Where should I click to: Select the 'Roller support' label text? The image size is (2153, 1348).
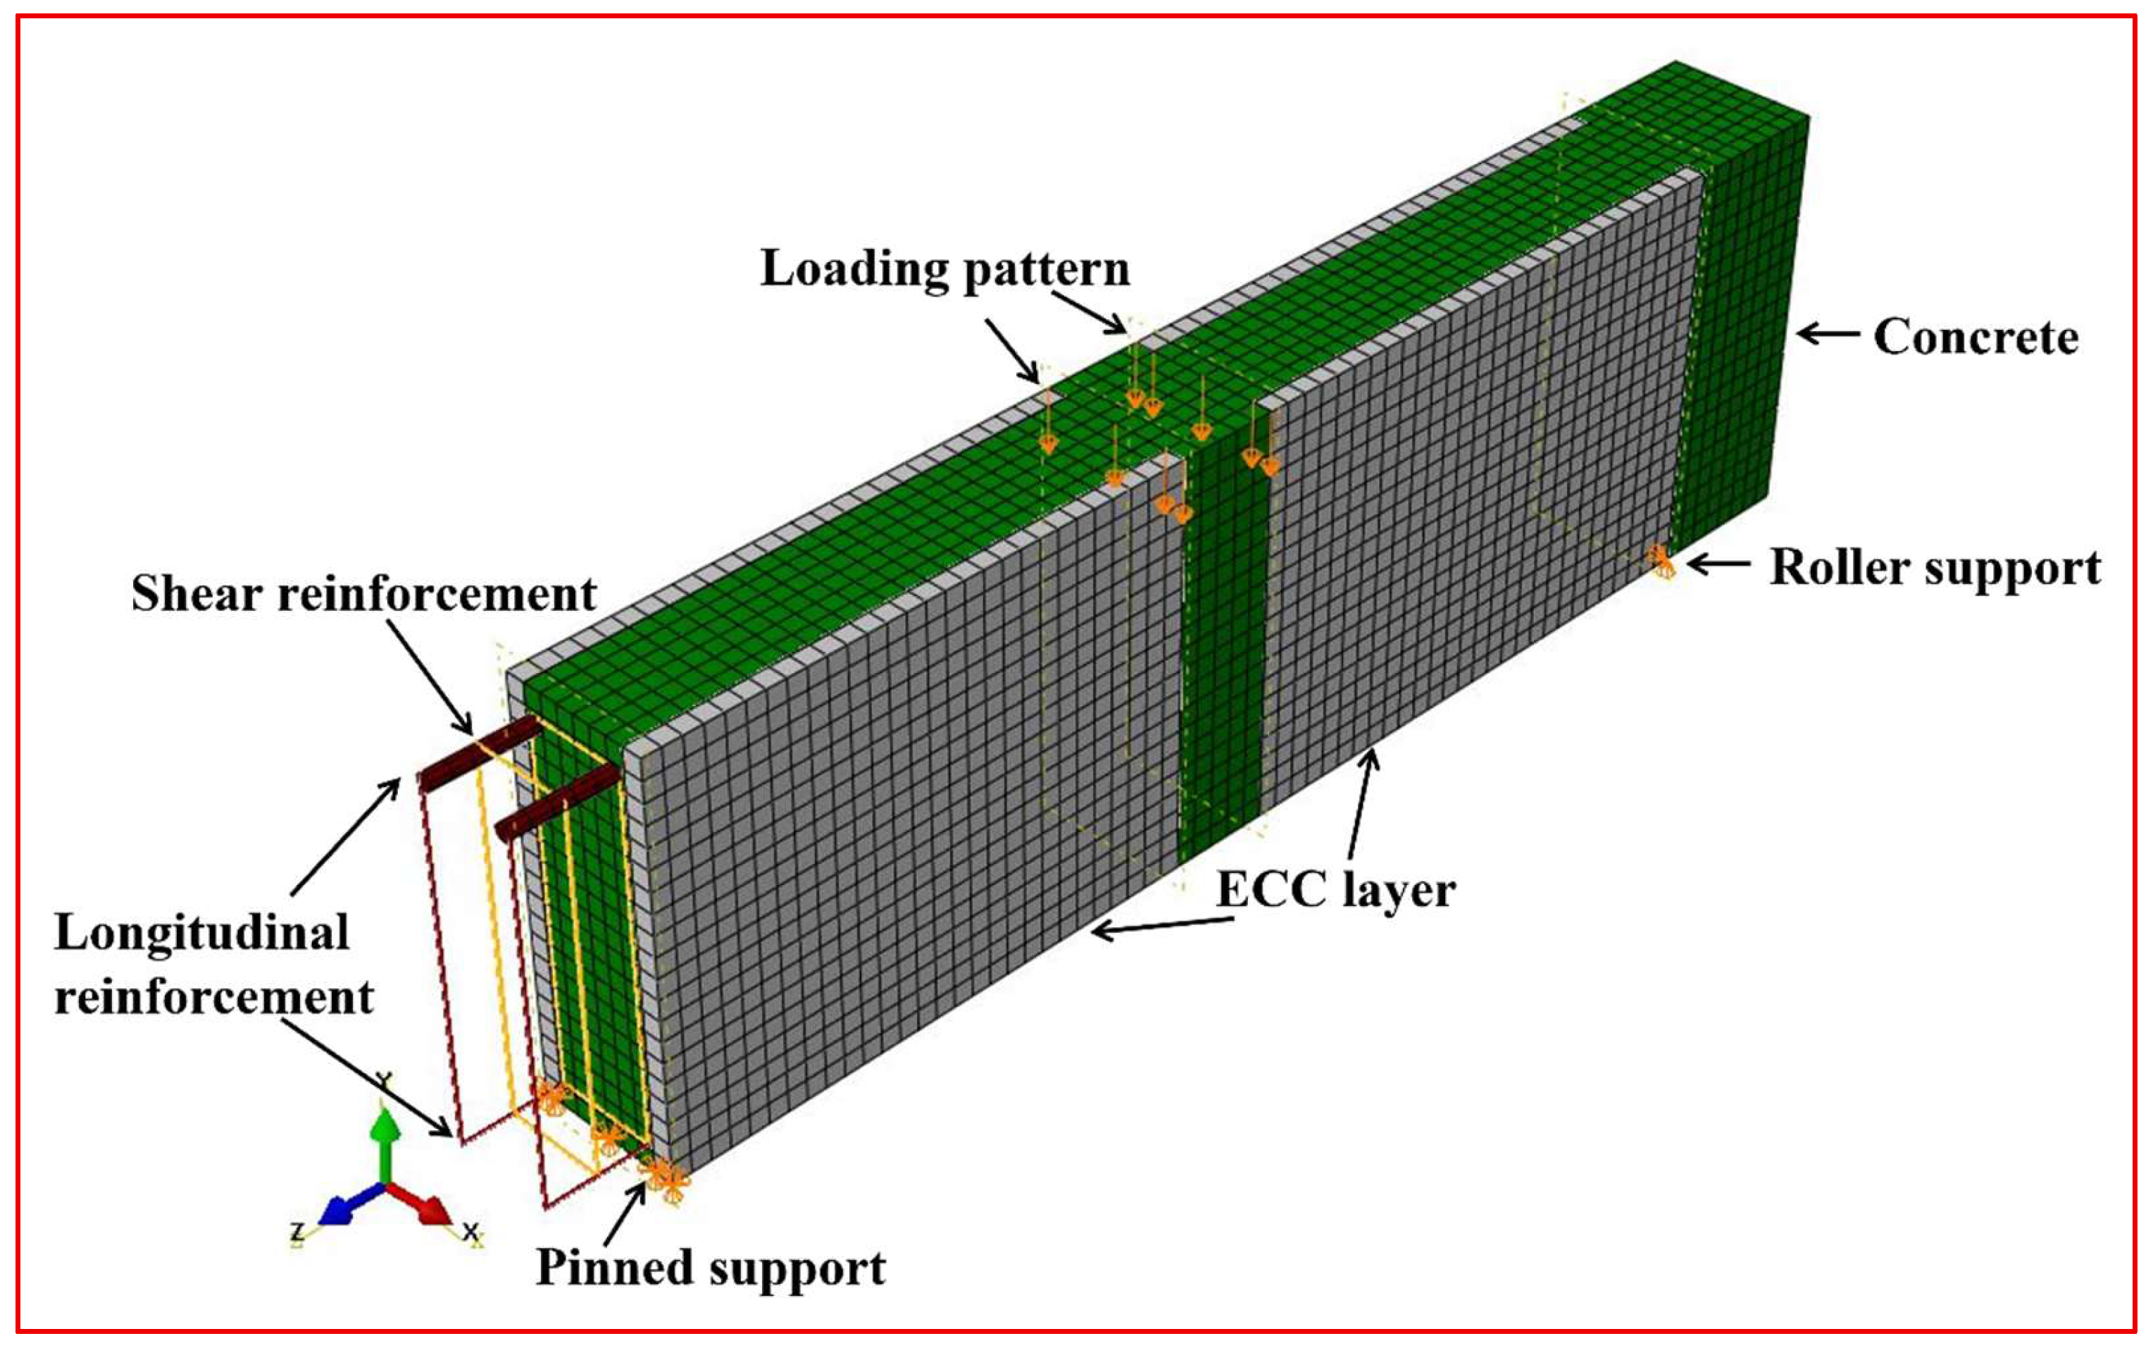click(x=1935, y=568)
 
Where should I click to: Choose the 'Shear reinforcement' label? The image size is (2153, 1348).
click(x=363, y=594)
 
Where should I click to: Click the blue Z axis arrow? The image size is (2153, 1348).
click(x=343, y=1206)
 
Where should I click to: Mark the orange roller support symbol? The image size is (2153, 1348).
click(x=1659, y=561)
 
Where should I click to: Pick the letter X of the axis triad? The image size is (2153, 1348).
click(x=471, y=1234)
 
